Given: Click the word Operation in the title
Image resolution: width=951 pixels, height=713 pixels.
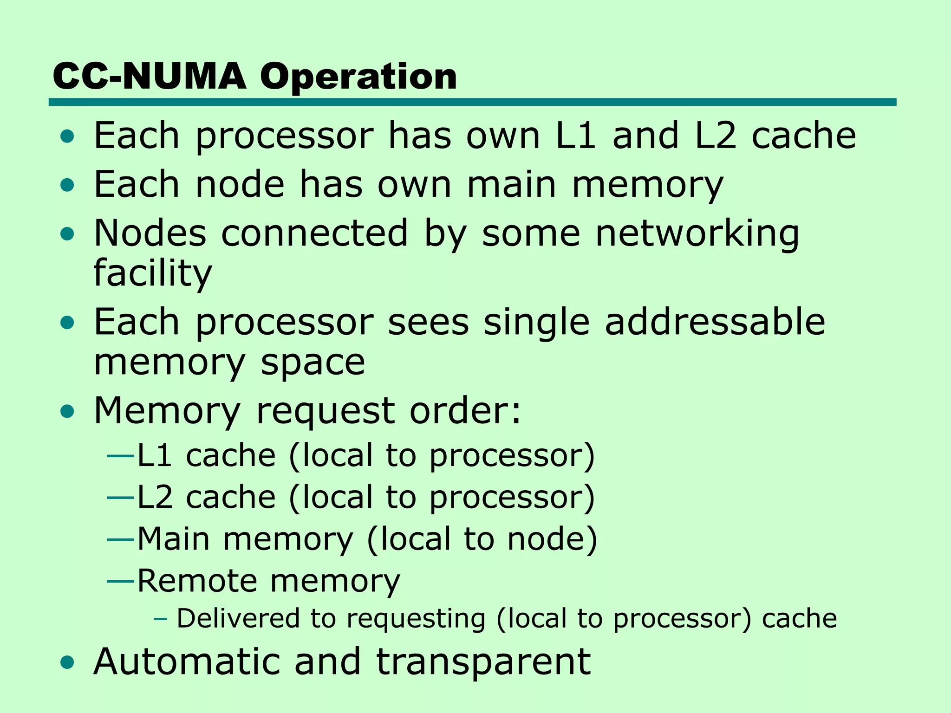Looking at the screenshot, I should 358,77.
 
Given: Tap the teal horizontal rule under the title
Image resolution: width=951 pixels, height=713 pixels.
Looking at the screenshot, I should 472,102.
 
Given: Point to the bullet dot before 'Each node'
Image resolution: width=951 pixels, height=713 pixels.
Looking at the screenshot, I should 67,185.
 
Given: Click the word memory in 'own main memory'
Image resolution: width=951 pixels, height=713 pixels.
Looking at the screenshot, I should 647,185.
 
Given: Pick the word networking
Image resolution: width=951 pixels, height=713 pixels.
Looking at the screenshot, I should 697,233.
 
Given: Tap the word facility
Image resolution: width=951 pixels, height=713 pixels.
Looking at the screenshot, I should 152,273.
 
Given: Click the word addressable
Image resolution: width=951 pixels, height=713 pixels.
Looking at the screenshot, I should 715,322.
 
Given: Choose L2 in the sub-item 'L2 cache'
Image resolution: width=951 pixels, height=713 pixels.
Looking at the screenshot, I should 155,497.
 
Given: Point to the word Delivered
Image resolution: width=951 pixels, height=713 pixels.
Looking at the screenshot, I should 238,618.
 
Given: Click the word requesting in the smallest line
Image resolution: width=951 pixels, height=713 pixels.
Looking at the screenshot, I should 416,619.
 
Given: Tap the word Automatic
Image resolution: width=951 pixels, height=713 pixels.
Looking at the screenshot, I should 187,661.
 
